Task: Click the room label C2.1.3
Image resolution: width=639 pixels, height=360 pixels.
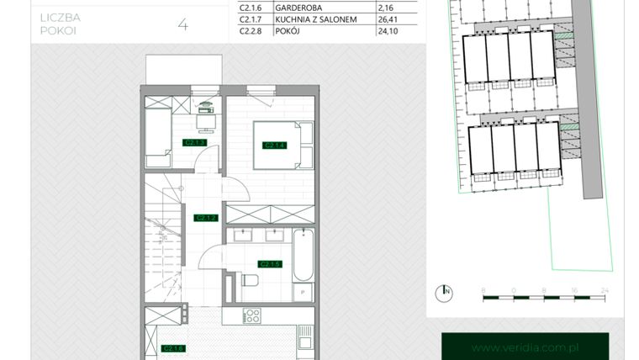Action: coord(195,143)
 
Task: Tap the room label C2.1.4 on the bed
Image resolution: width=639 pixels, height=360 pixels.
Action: coord(274,146)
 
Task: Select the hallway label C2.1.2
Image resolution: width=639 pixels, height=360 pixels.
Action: coord(206,218)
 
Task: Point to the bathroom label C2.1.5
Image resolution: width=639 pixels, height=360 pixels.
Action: coord(269,264)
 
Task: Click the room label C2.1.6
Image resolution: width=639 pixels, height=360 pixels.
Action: coord(172,348)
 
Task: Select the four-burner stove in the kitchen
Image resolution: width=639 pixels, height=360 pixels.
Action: coord(251,317)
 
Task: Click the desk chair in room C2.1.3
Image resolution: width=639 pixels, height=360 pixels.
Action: coord(204,123)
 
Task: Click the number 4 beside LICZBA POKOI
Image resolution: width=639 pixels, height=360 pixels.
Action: coord(182,24)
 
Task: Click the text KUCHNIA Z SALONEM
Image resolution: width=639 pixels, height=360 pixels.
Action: coord(309,19)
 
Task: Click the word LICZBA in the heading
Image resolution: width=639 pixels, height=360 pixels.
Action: coord(58,18)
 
